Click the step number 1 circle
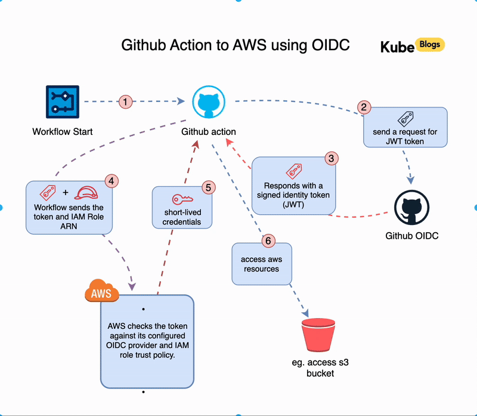tap(125, 101)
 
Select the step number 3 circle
tap(332, 159)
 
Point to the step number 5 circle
tap(207, 187)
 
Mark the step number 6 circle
tap(268, 241)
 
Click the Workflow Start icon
tap(62, 101)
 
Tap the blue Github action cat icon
tap(208, 102)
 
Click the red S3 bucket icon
tap(320, 335)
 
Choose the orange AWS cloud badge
tap(101, 292)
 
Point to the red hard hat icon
tap(86, 193)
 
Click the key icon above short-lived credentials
tap(182, 200)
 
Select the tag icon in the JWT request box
tap(405, 118)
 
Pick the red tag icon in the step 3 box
tap(293, 171)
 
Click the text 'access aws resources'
tap(261, 264)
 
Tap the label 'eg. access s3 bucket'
tap(320, 368)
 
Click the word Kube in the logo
tap(397, 47)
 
